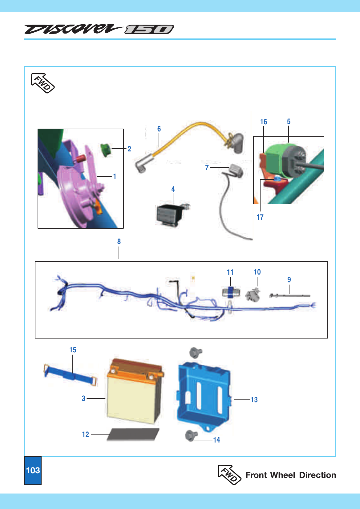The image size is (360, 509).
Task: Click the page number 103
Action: click(33, 470)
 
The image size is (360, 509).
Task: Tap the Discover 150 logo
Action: click(99, 29)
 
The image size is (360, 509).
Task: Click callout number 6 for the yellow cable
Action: click(159, 129)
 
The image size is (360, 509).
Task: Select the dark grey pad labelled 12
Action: click(133, 435)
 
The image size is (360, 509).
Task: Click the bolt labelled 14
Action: click(191, 436)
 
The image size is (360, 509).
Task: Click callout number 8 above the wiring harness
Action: click(119, 242)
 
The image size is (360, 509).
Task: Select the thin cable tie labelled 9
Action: click(289, 295)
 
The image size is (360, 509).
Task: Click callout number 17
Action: click(260, 217)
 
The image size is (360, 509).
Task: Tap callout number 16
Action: click(264, 122)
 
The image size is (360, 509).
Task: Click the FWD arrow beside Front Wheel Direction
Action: click(229, 474)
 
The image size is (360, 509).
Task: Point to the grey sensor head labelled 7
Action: click(236, 170)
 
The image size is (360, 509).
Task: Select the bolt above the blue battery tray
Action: click(195, 352)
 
